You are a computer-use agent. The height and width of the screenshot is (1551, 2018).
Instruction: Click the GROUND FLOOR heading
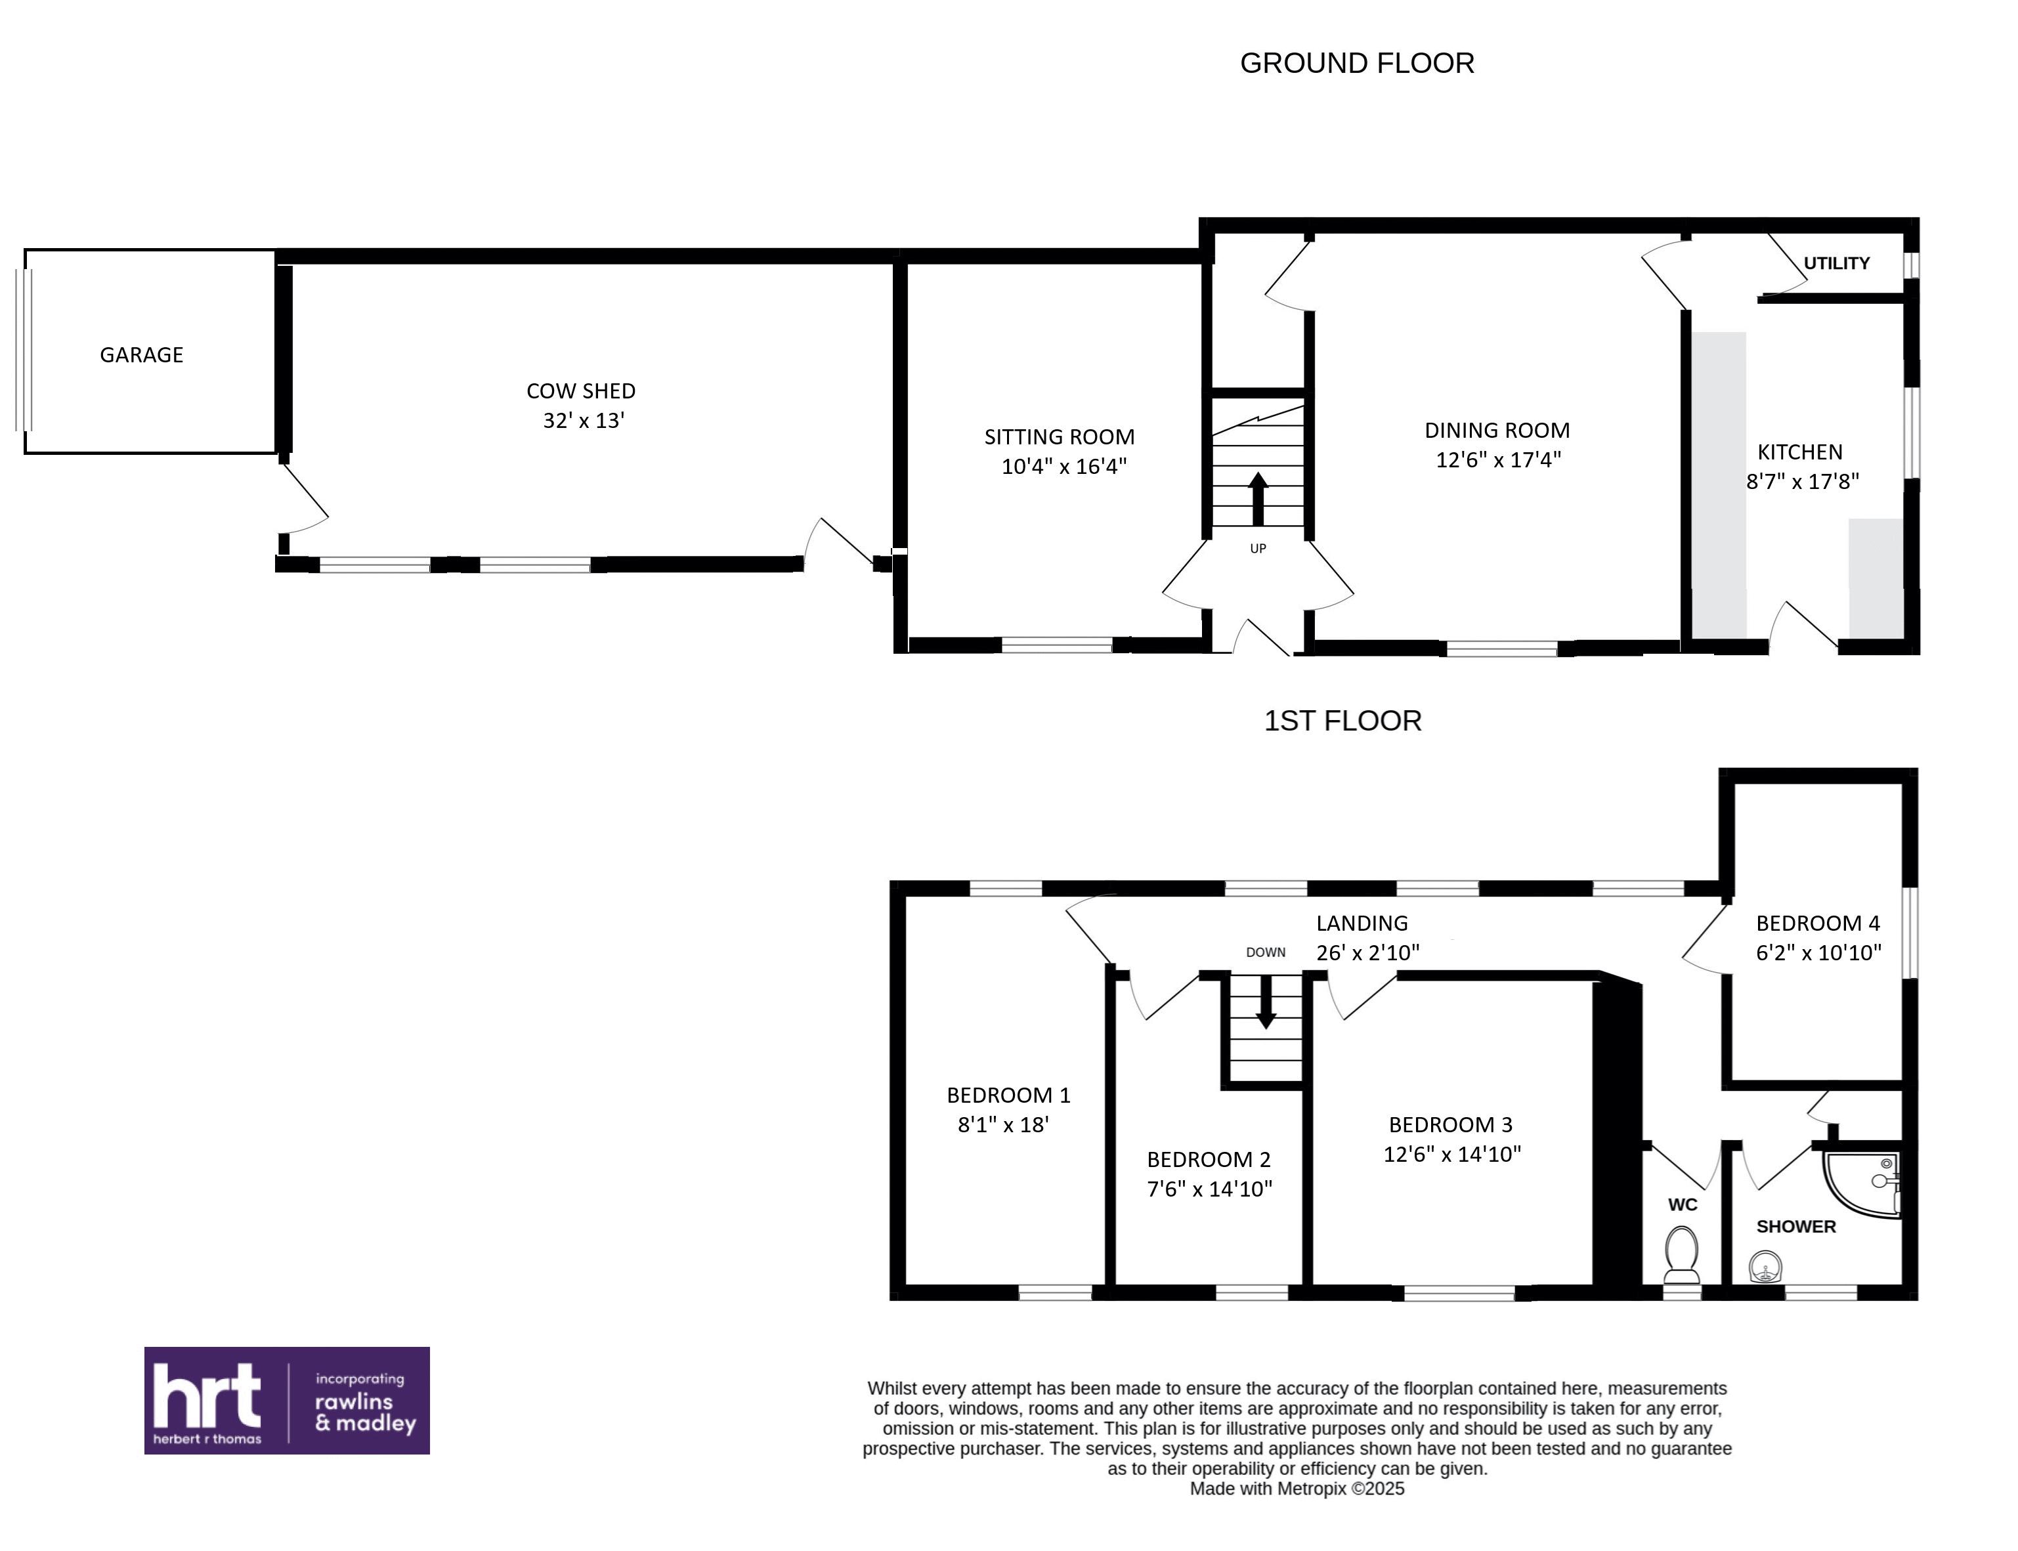(x=1356, y=63)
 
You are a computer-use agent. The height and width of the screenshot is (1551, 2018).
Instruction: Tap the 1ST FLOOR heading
(x=1342, y=720)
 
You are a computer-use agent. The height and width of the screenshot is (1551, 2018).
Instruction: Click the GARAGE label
(x=141, y=354)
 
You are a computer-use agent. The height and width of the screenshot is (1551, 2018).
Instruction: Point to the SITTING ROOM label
(x=1059, y=436)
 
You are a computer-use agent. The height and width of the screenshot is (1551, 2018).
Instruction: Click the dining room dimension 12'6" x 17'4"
(x=1498, y=459)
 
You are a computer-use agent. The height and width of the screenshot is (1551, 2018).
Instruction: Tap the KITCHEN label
(x=1799, y=452)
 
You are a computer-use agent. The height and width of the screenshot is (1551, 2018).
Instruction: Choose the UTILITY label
(x=1836, y=263)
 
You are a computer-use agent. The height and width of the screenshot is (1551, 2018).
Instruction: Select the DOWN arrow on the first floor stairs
(x=1266, y=1002)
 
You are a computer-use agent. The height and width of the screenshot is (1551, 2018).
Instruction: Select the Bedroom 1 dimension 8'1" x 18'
(x=1004, y=1124)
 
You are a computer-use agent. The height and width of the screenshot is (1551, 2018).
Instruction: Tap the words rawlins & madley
(x=366, y=1413)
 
